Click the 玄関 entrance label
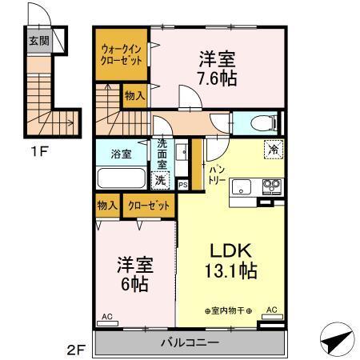[x=38, y=40]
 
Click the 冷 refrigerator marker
[x=274, y=148]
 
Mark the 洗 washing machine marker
[x=162, y=181]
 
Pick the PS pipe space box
[x=183, y=186]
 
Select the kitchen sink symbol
[x=242, y=188]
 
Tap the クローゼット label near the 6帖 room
[x=148, y=206]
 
